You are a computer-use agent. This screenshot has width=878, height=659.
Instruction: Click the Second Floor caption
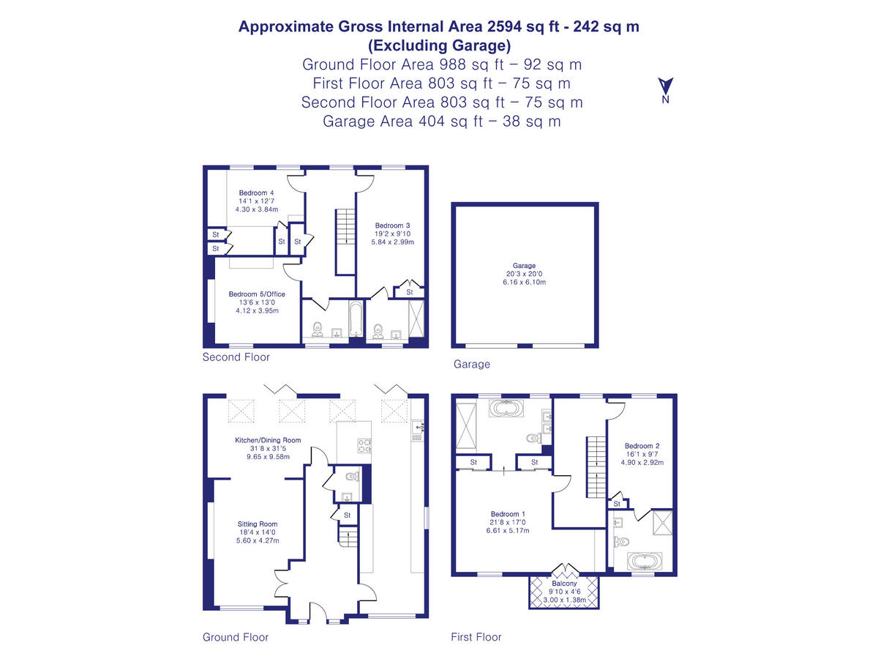pyautogui.click(x=236, y=357)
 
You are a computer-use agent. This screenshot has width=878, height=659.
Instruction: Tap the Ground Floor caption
pyautogui.click(x=236, y=637)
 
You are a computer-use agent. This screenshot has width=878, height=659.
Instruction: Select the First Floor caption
pyautogui.click(x=476, y=637)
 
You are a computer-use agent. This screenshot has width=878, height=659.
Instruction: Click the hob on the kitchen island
pyautogui.click(x=364, y=446)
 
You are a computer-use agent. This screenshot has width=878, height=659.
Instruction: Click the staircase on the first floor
pyautogui.click(x=596, y=465)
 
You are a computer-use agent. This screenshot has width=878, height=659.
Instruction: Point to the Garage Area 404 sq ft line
pyautogui.click(x=442, y=122)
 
